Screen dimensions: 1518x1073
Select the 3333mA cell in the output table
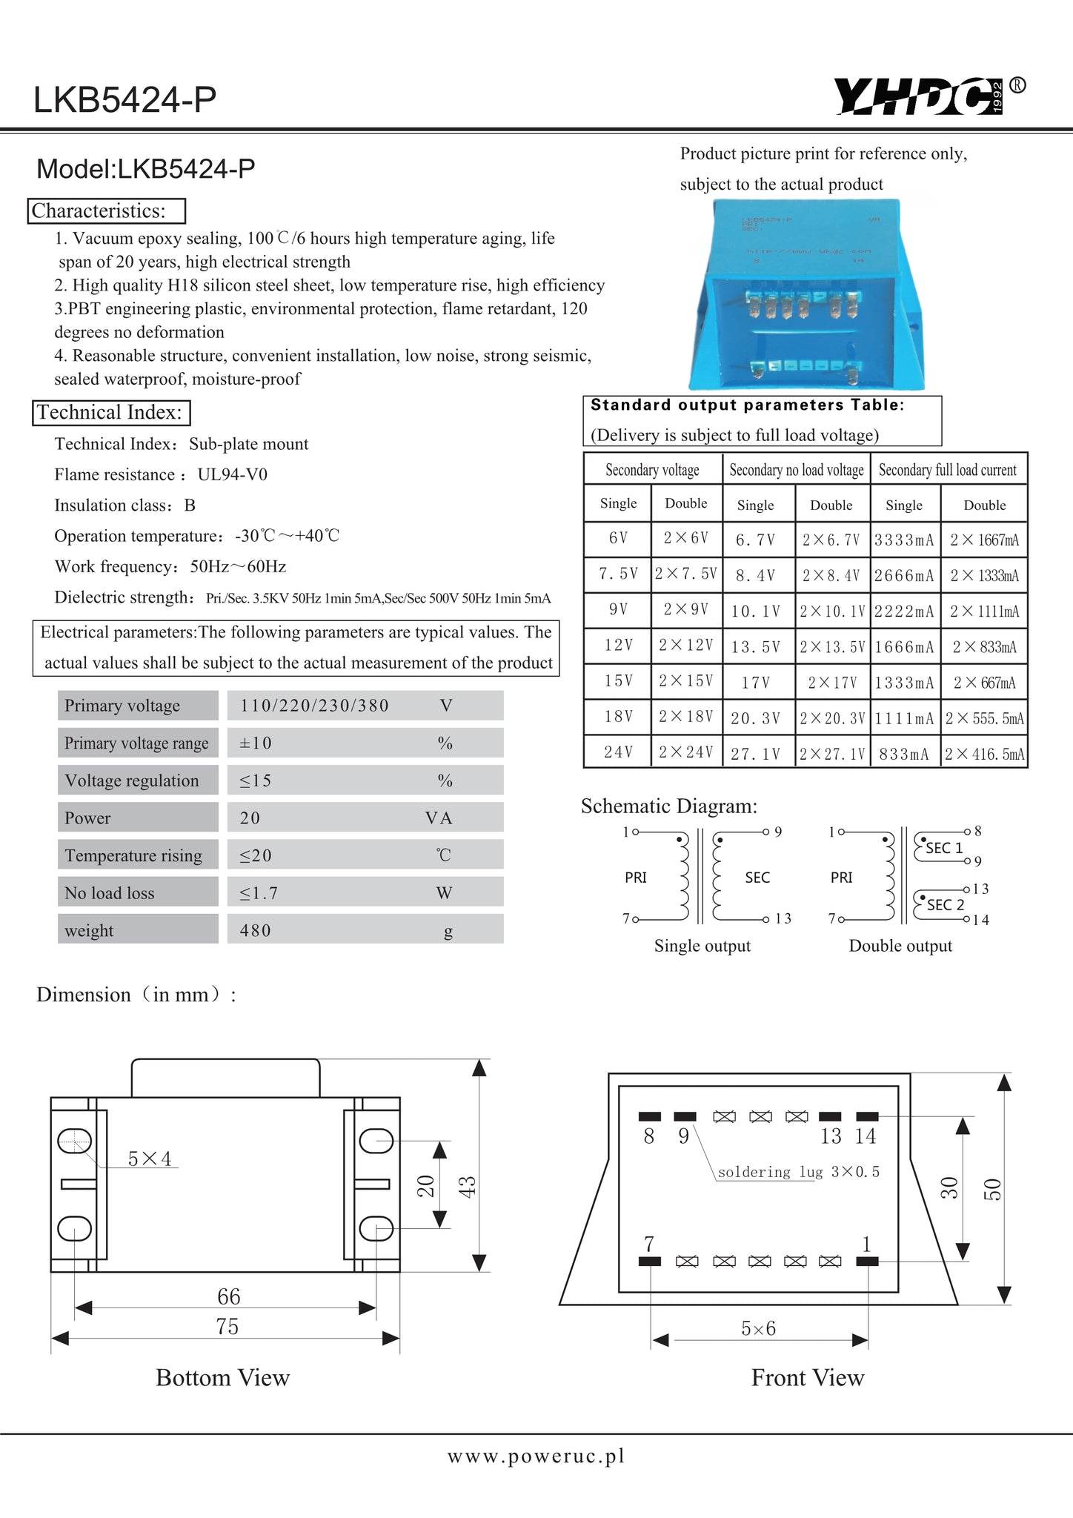tap(904, 540)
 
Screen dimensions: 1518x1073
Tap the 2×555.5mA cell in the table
tap(984, 718)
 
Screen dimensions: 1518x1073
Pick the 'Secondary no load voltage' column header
tap(796, 470)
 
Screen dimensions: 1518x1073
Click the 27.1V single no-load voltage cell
tap(755, 754)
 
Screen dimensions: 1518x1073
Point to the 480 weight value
tap(256, 930)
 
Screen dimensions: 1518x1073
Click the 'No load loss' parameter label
tap(110, 893)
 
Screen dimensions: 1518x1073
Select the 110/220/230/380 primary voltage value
tap(314, 706)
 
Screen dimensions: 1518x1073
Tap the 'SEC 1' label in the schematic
tap(944, 848)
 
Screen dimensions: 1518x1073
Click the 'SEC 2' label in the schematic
tap(946, 905)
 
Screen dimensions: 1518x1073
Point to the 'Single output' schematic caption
tap(702, 946)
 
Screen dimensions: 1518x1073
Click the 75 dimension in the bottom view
tap(227, 1326)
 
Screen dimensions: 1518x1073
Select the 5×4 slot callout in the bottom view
tap(150, 1159)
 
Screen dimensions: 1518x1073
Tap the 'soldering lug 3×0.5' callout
tap(798, 1172)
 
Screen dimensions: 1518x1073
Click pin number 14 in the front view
tap(865, 1136)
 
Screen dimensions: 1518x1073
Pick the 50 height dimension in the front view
tap(992, 1189)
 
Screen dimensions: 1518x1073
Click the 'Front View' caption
tap(808, 1378)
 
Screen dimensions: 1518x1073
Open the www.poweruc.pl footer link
tap(536, 1456)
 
